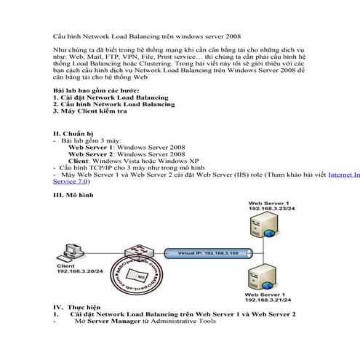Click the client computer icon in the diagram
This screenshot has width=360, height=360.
pos(71,253)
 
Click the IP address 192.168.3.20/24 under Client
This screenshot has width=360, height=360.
pos(76,274)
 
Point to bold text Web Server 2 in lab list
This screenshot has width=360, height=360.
pos(90,154)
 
